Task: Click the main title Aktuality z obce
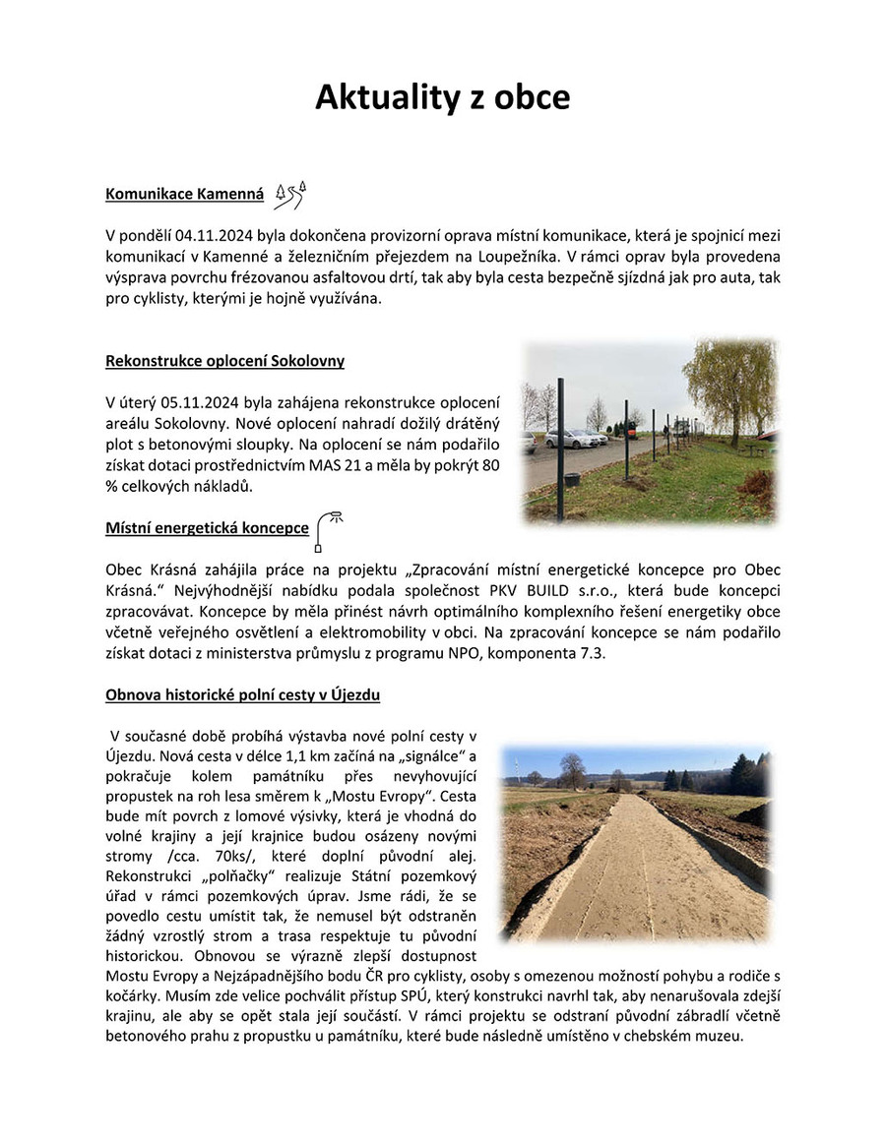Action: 442,98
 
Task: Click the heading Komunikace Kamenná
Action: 184,195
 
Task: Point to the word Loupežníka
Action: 498,259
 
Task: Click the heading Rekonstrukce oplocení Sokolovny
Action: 224,361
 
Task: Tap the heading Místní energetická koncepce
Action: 207,528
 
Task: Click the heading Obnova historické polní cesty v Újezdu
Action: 242,695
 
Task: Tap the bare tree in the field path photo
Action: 570,769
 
